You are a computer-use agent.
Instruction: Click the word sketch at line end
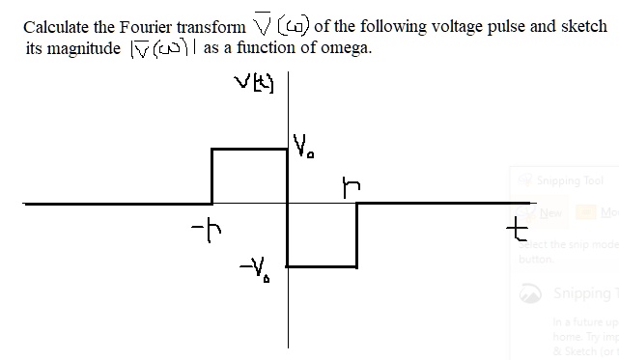tap(583, 26)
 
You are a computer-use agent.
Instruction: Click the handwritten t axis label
tap(521, 230)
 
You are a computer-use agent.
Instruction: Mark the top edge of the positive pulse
tap(249, 149)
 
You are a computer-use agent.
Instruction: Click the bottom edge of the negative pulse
tap(322, 266)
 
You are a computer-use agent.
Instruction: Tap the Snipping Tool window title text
tap(569, 180)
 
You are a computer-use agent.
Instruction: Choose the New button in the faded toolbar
tap(551, 212)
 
